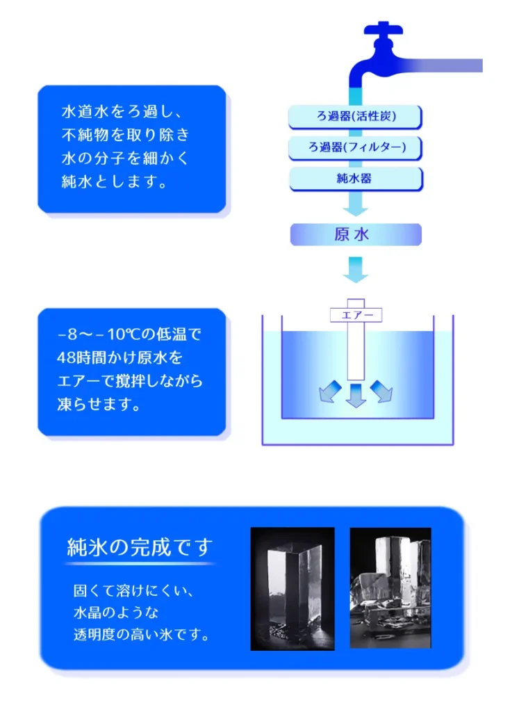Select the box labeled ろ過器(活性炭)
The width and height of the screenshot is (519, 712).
click(x=355, y=116)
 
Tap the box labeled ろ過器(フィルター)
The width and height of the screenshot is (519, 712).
click(x=355, y=147)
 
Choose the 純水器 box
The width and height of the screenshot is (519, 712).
click(x=355, y=179)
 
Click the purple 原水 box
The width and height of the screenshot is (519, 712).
click(x=355, y=234)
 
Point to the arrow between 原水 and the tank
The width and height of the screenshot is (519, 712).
click(x=355, y=269)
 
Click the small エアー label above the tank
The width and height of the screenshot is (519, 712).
click(x=356, y=316)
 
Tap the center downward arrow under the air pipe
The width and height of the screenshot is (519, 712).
click(x=356, y=395)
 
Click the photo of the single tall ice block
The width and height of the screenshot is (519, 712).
click(x=292, y=588)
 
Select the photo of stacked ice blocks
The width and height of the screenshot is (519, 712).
click(x=390, y=588)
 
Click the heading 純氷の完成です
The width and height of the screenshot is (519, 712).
click(x=140, y=547)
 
